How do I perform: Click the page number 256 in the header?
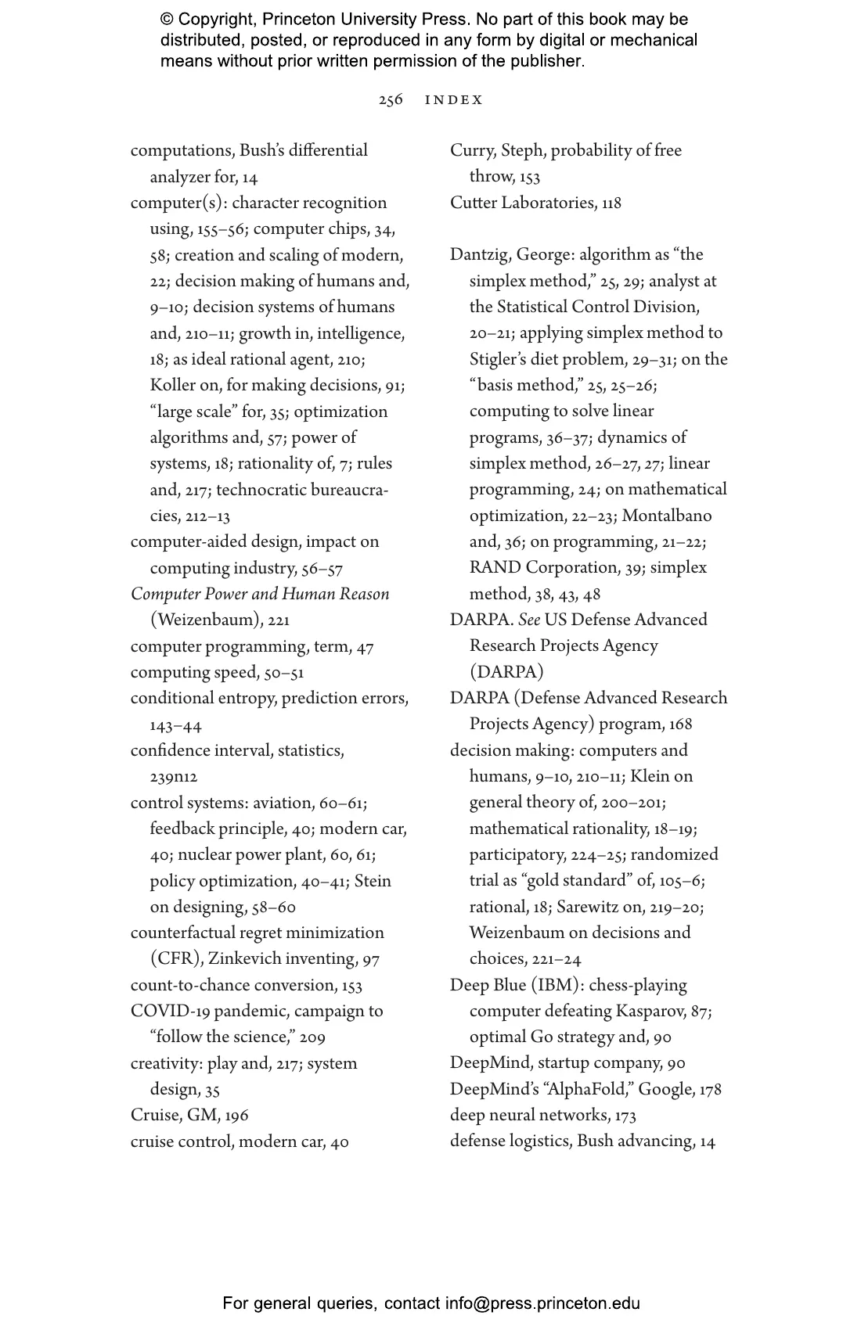click(x=391, y=100)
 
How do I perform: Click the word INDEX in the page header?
click(x=454, y=100)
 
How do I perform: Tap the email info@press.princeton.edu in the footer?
click(x=542, y=1303)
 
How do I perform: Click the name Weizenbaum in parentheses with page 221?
click(x=207, y=620)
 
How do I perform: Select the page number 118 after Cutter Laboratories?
click(x=611, y=203)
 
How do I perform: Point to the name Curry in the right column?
click(x=472, y=151)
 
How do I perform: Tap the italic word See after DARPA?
click(x=529, y=620)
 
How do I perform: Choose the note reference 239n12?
click(x=174, y=777)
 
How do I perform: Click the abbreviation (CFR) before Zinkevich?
click(x=176, y=959)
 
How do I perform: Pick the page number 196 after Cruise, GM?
click(x=236, y=1116)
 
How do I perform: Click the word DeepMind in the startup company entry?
click(x=489, y=1063)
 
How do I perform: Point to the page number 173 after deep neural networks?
click(x=625, y=1116)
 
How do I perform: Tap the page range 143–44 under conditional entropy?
click(x=176, y=726)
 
